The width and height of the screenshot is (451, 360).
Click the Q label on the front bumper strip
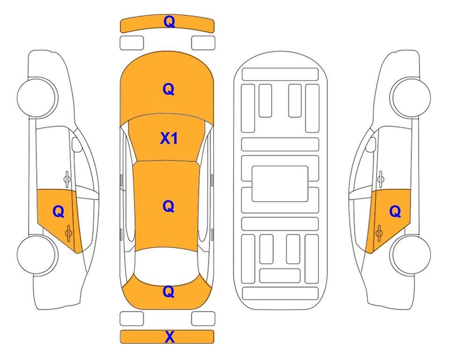pos(169,22)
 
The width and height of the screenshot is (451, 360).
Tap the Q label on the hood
pos(169,89)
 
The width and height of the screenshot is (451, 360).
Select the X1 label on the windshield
pos(169,138)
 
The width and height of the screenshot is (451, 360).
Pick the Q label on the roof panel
pos(169,206)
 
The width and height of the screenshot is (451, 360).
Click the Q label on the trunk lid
pos(169,292)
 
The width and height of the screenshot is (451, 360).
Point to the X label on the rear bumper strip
pos(170,337)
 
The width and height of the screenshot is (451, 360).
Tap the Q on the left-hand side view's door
pos(59,212)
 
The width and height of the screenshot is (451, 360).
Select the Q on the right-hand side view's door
pos(395,212)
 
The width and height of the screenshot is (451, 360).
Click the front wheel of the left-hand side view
pos(37,98)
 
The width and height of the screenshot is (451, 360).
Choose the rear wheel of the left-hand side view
pos(37,255)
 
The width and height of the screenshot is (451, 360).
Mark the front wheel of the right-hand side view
pos(411,98)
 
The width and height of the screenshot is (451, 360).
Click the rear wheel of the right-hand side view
pos(411,255)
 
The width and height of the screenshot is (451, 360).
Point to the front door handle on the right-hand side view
pos(381,179)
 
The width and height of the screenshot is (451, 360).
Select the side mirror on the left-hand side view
pos(76,144)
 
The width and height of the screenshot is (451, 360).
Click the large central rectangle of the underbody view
pos(280,184)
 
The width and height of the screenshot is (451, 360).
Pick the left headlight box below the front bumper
pos(132,43)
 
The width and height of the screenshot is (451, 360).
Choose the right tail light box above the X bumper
pos(203,319)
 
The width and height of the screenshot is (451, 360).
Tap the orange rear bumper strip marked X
pos(167,337)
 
